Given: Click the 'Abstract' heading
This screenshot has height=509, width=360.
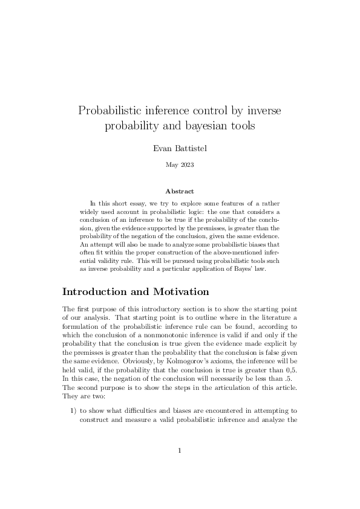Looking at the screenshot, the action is point(180,191).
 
